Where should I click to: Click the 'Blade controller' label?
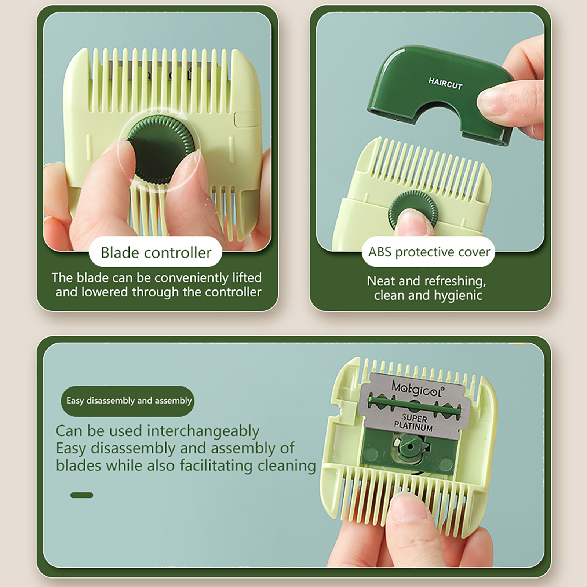point(156,253)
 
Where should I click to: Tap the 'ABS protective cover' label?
point(429,252)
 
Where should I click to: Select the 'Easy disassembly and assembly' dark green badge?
point(128,401)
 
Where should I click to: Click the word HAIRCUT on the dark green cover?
point(445,84)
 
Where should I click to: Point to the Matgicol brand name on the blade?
point(417,388)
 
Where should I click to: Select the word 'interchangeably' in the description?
point(203,431)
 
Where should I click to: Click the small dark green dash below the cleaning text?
point(82,495)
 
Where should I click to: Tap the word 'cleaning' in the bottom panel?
point(287,466)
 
